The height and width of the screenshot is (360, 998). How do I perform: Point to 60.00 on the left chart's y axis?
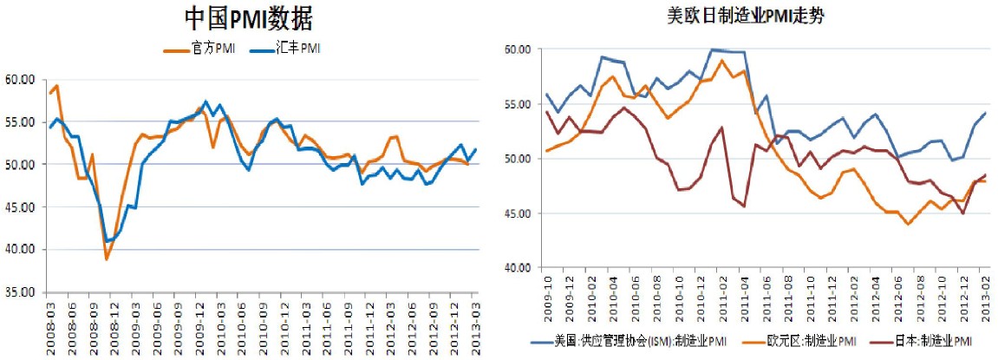pyautogui.click(x=20, y=79)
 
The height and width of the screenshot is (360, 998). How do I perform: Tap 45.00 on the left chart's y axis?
pyautogui.click(x=20, y=207)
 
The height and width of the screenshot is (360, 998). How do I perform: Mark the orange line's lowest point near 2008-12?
pyautogui.click(x=107, y=259)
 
